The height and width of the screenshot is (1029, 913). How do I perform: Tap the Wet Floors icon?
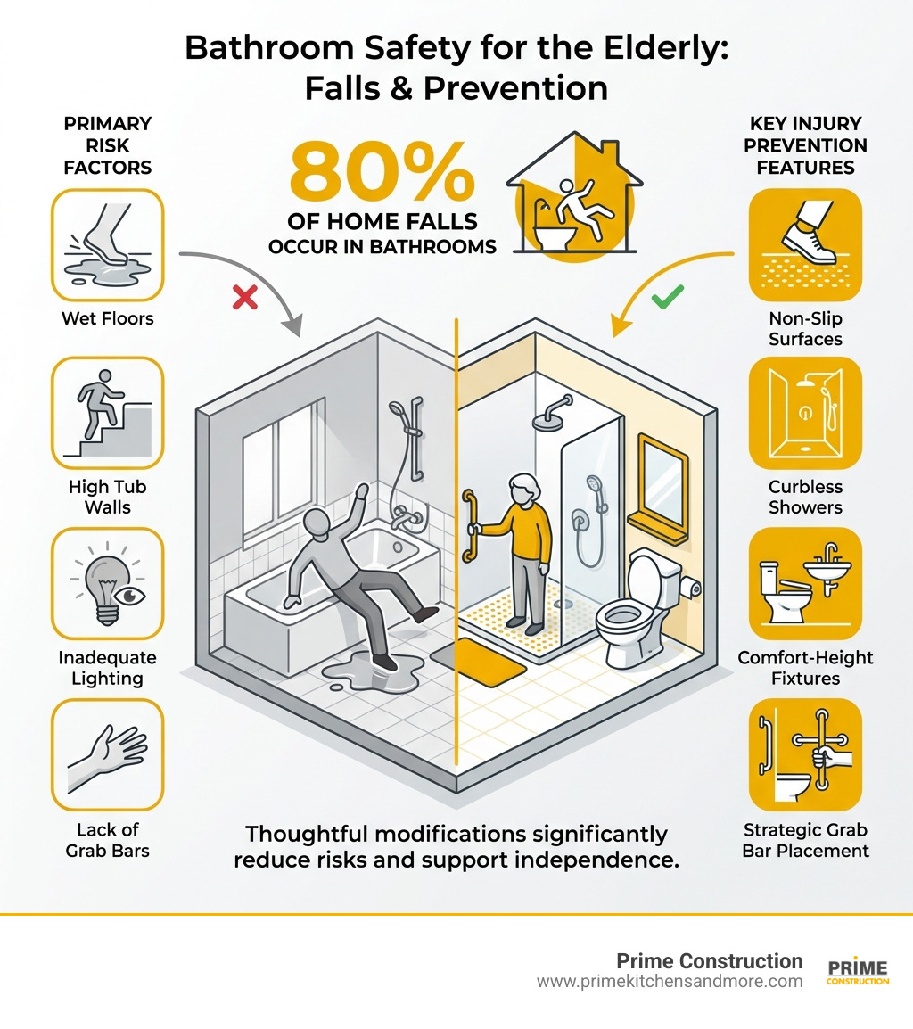pyautogui.click(x=108, y=244)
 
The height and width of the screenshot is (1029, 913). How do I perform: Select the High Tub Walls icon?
pyautogui.click(x=108, y=413)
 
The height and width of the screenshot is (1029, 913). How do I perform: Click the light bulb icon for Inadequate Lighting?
pyautogui.click(x=108, y=583)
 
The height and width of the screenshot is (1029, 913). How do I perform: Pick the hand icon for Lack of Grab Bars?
pyautogui.click(x=108, y=754)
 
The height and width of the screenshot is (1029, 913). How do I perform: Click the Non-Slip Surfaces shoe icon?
pyautogui.click(x=805, y=244)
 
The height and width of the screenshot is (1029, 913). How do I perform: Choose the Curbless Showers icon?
pyautogui.click(x=805, y=413)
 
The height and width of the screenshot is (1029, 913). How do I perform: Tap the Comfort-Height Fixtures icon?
pyautogui.click(x=805, y=583)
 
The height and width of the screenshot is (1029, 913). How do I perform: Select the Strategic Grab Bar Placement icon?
pyautogui.click(x=805, y=754)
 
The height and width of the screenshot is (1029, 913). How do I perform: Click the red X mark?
pyautogui.click(x=245, y=298)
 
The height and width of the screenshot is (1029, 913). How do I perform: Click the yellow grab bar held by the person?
pyautogui.click(x=468, y=526)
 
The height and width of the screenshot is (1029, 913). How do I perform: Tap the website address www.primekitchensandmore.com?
pyautogui.click(x=669, y=982)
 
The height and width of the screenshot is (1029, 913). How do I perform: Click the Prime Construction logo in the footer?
pyautogui.click(x=858, y=972)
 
